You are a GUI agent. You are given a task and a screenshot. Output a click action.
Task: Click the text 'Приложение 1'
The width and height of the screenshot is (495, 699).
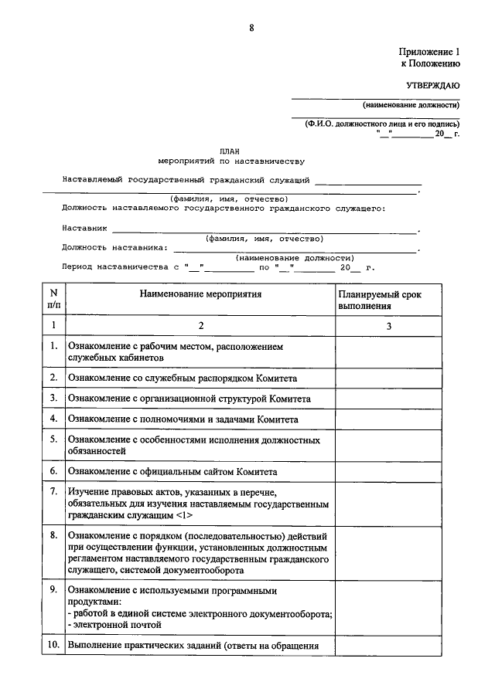click(x=429, y=52)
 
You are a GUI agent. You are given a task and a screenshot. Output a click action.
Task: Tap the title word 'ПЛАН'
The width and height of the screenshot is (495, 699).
click(x=230, y=152)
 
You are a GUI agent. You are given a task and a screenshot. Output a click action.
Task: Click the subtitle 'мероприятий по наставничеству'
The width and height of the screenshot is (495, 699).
click(x=230, y=162)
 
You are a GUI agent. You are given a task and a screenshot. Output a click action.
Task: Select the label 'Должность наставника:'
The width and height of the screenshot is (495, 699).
click(x=114, y=248)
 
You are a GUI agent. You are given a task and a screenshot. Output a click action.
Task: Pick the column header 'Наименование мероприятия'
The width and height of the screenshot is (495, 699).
click(x=200, y=294)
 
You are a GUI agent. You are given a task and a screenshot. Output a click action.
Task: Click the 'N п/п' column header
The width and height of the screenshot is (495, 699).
click(x=53, y=300)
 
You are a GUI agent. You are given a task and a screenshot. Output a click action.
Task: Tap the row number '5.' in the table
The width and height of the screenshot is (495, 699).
click(x=53, y=439)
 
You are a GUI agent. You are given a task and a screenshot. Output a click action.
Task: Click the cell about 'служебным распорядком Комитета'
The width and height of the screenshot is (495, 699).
click(x=183, y=378)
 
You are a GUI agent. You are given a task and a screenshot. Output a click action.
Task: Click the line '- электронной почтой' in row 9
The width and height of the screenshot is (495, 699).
click(x=115, y=624)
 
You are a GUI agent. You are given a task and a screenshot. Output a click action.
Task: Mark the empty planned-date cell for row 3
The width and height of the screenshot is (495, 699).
click(x=390, y=399)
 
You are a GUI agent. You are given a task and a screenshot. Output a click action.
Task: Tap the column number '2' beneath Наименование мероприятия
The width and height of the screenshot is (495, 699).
click(x=200, y=326)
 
